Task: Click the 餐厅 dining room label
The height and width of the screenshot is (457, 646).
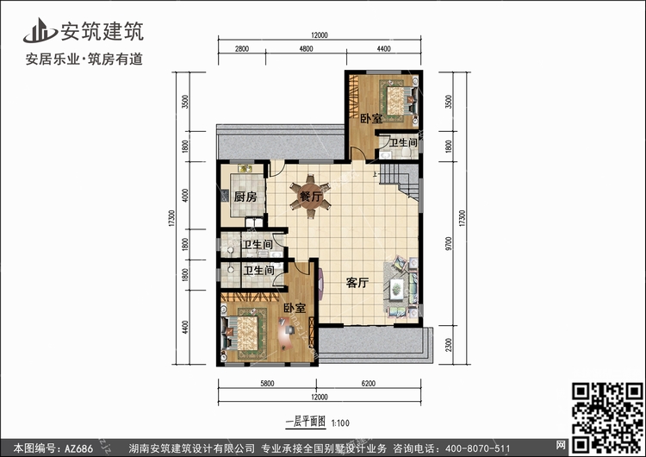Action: point(311,197)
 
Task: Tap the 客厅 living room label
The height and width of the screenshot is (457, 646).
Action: point(357,283)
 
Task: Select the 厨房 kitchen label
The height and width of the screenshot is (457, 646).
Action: point(245,197)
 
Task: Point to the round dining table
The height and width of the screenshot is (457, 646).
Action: point(310,197)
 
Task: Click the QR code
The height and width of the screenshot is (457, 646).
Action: point(607,417)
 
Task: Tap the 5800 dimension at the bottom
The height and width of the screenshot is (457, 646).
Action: point(267,384)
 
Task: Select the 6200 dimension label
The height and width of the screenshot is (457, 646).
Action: point(369,384)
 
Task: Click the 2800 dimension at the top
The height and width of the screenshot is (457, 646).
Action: point(242,48)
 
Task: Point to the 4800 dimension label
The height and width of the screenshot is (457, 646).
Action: point(306,48)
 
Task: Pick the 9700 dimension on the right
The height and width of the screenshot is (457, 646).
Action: point(449,243)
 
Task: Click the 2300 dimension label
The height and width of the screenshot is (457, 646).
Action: point(449,345)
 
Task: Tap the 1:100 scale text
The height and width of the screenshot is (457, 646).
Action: point(340,423)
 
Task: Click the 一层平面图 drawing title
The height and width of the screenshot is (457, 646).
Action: point(306,422)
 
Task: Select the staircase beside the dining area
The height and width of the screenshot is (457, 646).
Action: point(399,180)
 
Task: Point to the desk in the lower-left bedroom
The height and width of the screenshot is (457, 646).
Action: point(286,333)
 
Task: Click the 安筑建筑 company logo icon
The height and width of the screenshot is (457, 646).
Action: point(40,31)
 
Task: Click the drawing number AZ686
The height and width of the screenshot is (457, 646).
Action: point(78,448)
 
